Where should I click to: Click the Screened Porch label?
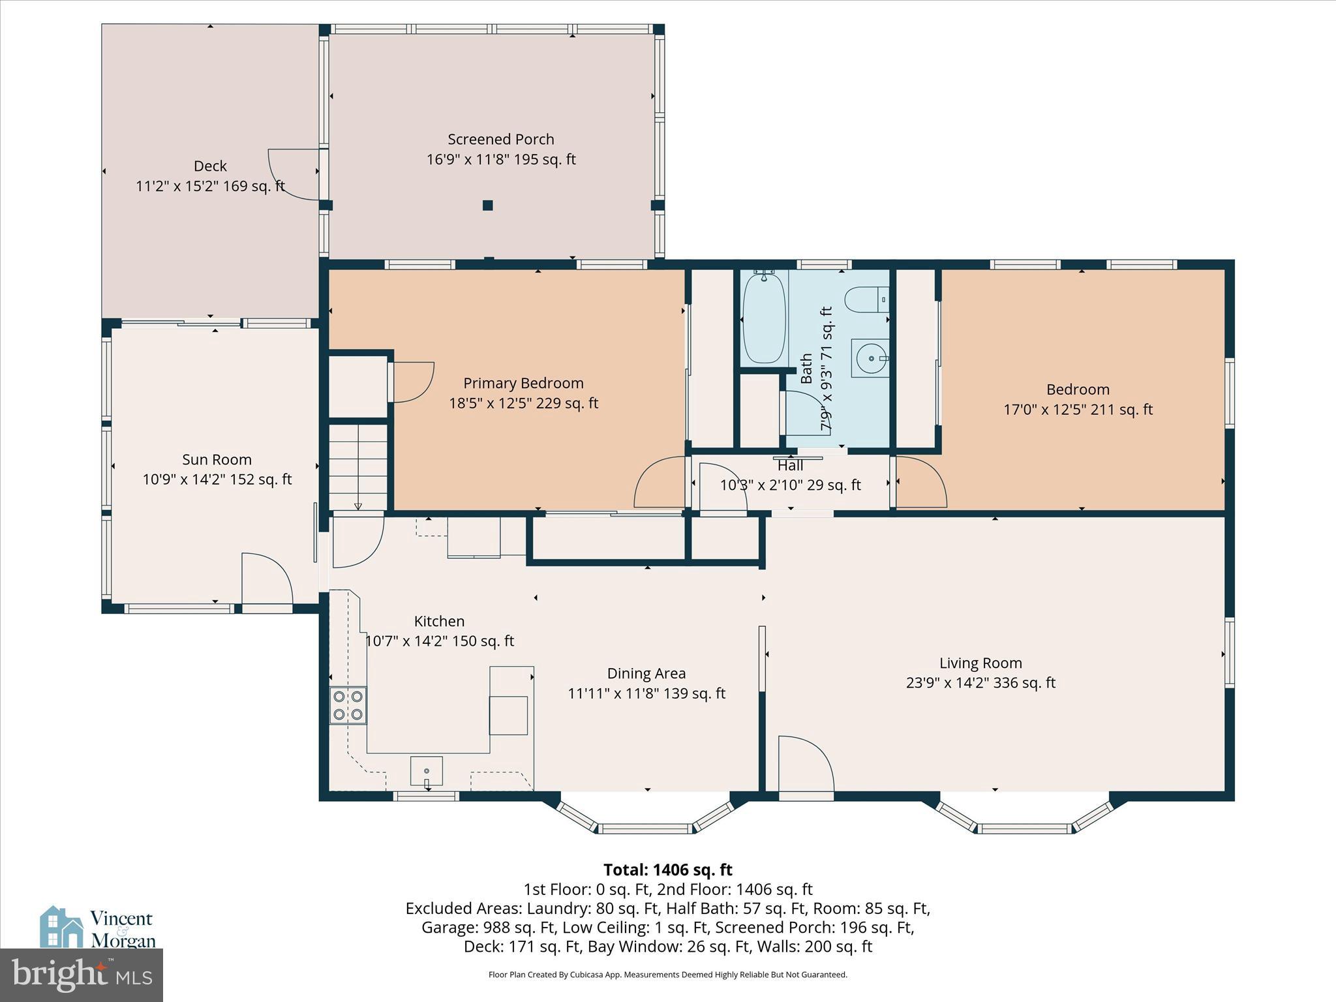(x=501, y=140)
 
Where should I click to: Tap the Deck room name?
(x=210, y=166)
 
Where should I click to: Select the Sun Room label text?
(x=217, y=460)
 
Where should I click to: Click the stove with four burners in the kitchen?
(x=348, y=705)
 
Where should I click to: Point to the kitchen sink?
(x=427, y=771)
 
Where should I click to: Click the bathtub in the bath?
(x=764, y=318)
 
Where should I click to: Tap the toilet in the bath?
(x=866, y=301)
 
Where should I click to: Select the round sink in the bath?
(x=870, y=358)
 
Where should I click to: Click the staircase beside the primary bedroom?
(x=357, y=466)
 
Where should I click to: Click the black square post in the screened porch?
(x=487, y=205)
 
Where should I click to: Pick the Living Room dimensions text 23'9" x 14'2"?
(x=980, y=683)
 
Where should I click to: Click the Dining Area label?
(x=646, y=673)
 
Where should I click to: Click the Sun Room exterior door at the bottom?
(x=267, y=581)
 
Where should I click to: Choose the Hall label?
(x=790, y=466)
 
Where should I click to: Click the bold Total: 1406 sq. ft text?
(x=667, y=870)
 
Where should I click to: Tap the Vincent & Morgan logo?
(x=98, y=928)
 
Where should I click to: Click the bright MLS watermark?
(x=82, y=975)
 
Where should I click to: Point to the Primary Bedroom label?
(x=523, y=384)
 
